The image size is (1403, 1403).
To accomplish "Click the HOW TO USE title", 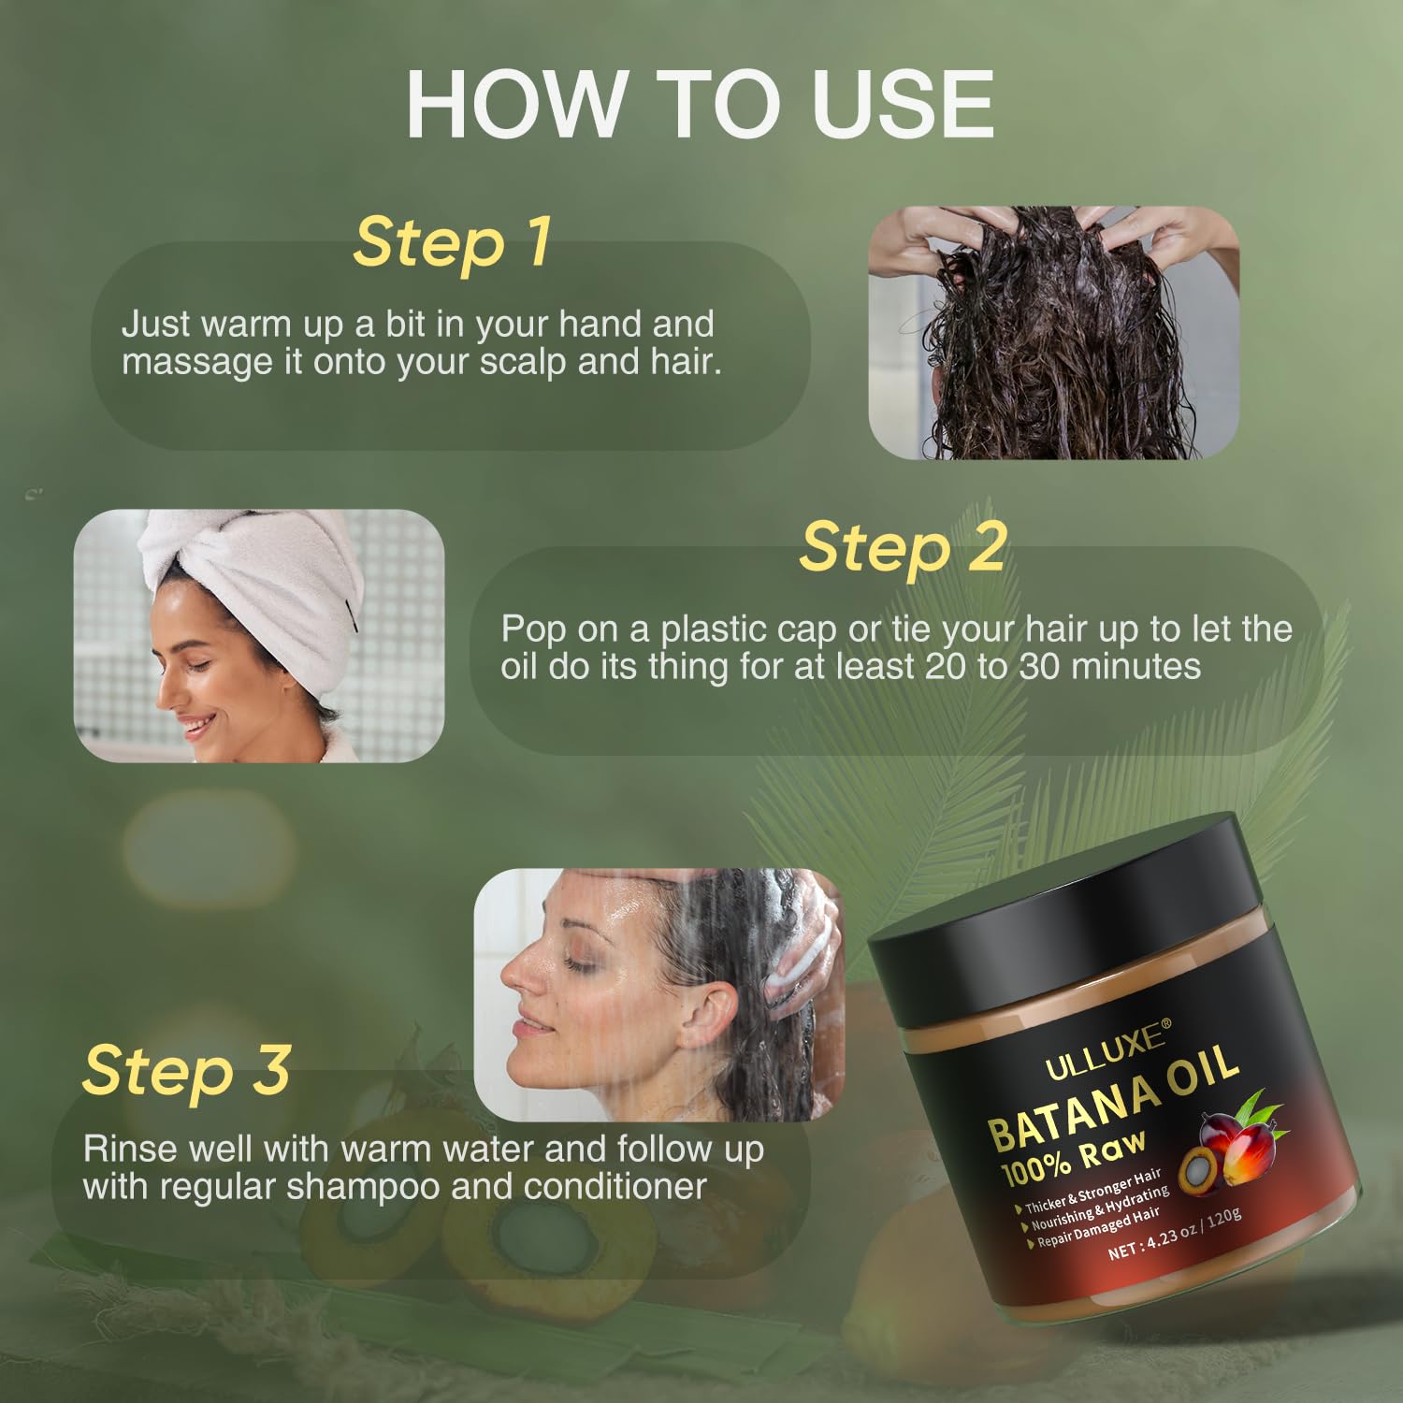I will click(x=700, y=105).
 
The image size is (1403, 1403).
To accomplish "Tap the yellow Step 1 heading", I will click(x=451, y=242).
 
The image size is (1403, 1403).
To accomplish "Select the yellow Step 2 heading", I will click(x=903, y=547).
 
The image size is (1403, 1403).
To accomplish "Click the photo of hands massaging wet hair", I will click(x=1053, y=332).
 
